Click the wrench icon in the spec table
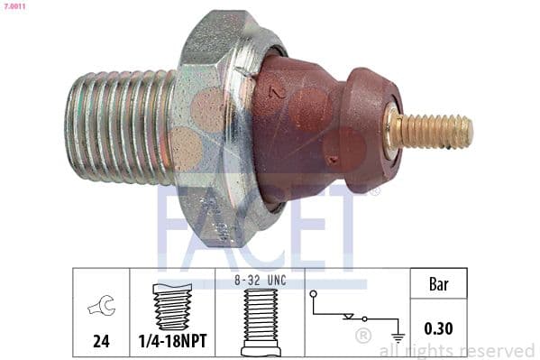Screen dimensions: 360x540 pyautogui.click(x=101, y=308)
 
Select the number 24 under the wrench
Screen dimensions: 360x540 pyautogui.click(x=101, y=341)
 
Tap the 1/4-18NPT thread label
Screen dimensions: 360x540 pyautogui.click(x=172, y=341)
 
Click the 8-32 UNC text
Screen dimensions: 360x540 pyautogui.click(x=261, y=281)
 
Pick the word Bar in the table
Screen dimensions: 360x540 pyautogui.click(x=439, y=285)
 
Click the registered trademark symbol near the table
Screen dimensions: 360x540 pyautogui.click(x=363, y=337)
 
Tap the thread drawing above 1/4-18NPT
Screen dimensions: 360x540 pyautogui.click(x=172, y=307)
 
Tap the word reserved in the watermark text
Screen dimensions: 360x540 pyautogui.click(x=499, y=350)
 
